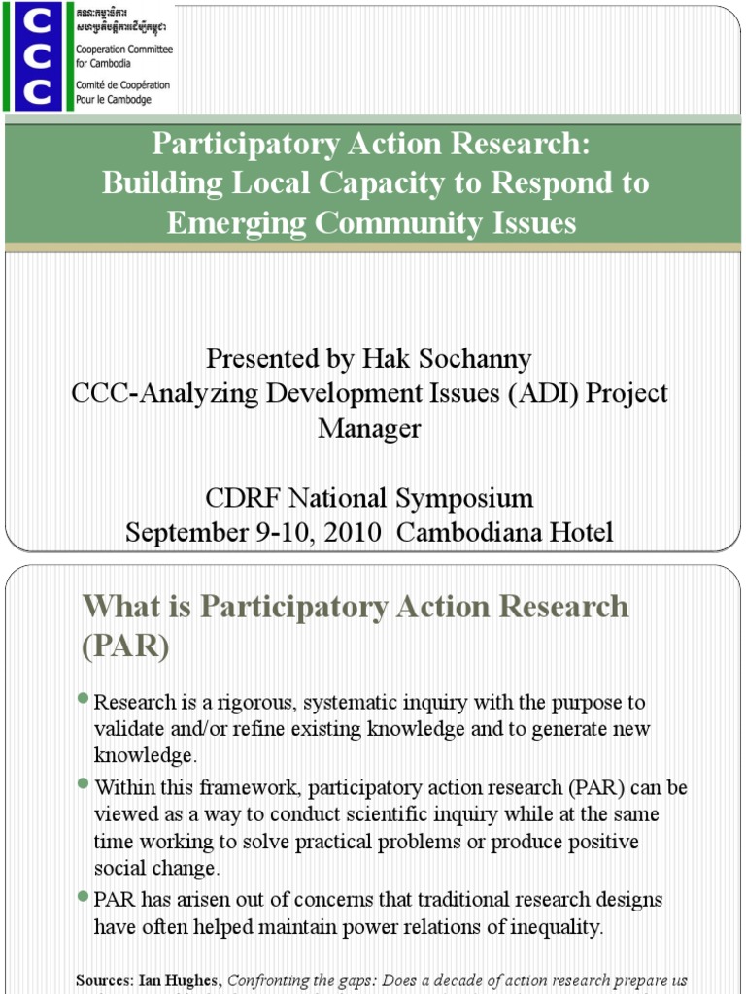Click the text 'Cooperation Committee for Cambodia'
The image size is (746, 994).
click(122, 55)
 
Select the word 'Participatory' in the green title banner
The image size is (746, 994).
click(244, 146)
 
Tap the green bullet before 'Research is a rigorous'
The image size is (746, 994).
click(85, 699)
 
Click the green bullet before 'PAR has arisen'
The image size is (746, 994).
click(85, 897)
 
